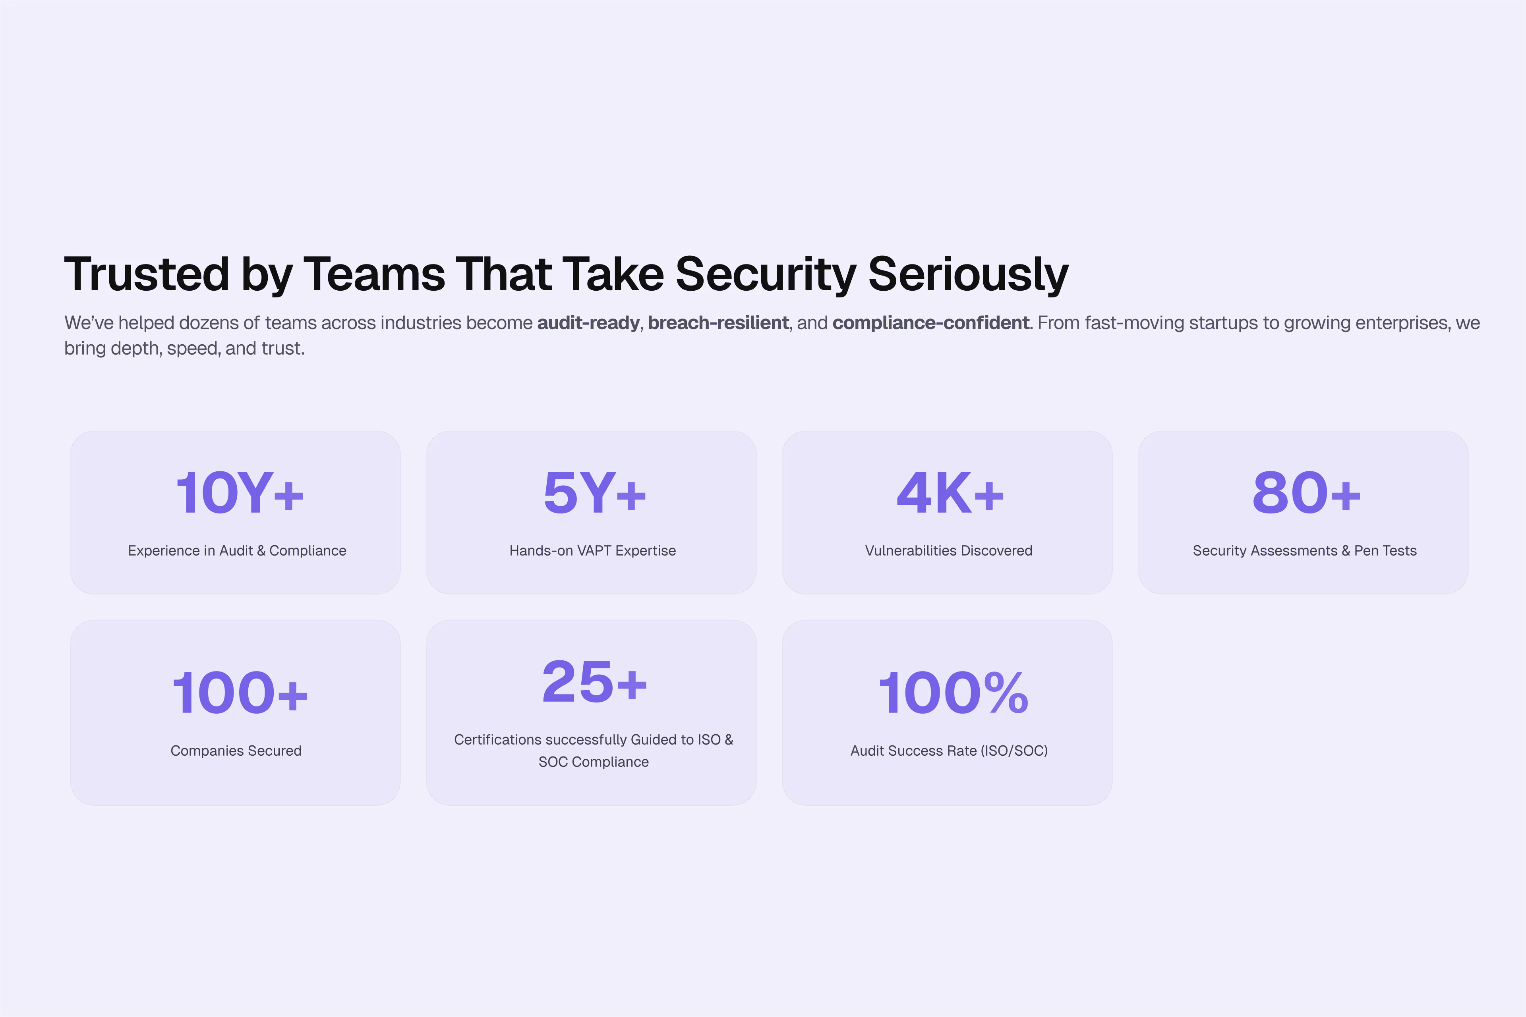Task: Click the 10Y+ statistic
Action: [240, 493]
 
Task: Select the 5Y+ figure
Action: [594, 493]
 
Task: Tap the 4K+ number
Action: [950, 493]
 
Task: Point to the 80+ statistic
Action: [1306, 493]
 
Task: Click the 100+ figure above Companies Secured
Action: [240, 693]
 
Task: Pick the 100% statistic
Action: [952, 693]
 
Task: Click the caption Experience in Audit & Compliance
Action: [237, 551]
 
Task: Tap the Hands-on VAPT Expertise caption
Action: [592, 551]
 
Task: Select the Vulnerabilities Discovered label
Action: [949, 551]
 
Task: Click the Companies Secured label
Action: [236, 751]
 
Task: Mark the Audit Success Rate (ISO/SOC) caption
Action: [949, 751]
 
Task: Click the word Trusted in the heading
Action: [147, 274]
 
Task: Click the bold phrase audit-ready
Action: [588, 323]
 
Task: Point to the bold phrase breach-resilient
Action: [718, 323]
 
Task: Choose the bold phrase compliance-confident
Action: [931, 323]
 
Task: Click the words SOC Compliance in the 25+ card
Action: [594, 762]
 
